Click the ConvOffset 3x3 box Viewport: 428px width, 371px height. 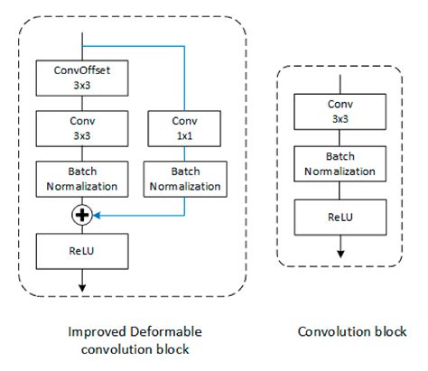(x=83, y=76)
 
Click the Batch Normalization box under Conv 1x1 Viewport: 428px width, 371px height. (x=184, y=179)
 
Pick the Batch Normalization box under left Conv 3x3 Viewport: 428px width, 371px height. (x=83, y=179)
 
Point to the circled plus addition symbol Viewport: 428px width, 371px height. (x=83, y=214)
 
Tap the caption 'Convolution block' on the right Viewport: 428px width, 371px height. (x=352, y=330)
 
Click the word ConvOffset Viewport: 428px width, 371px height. (x=83, y=69)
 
